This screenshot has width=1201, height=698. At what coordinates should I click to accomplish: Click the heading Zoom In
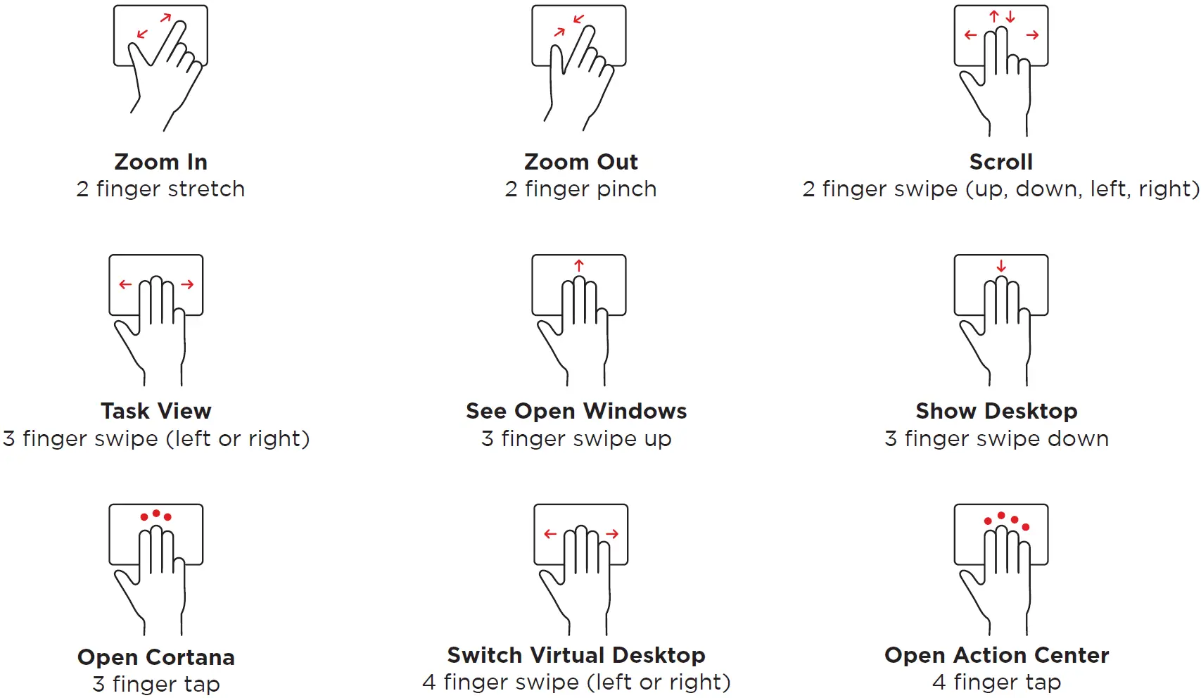(160, 162)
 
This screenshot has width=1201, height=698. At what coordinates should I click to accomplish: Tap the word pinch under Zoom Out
(625, 189)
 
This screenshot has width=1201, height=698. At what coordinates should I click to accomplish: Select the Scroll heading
(1000, 162)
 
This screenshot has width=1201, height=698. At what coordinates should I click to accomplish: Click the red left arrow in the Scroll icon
(971, 34)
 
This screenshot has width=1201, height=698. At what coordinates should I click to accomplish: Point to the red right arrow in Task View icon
(187, 284)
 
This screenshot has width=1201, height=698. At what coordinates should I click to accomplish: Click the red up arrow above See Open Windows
(579, 265)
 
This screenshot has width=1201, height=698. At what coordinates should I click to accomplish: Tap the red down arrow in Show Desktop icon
(1001, 266)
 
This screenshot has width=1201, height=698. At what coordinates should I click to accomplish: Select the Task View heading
(155, 411)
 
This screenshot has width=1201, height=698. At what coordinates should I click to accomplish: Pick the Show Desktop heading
(996, 411)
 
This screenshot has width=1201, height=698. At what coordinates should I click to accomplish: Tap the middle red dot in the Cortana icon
(156, 513)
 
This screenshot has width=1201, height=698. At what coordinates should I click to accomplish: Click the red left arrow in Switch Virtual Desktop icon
(550, 534)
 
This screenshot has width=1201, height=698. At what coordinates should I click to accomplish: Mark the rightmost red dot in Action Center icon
(1026, 527)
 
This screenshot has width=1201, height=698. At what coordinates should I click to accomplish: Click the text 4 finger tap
(996, 683)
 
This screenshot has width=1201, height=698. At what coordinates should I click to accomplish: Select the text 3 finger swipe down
(996, 439)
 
